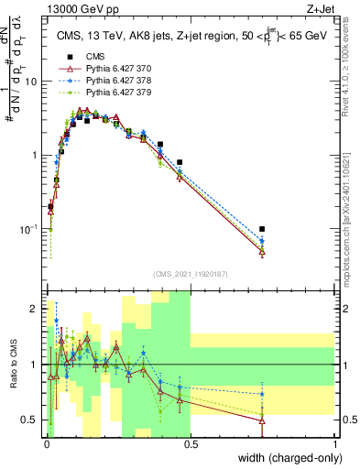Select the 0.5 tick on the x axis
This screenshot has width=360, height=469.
pos(191,444)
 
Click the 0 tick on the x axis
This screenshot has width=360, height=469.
pos(45,444)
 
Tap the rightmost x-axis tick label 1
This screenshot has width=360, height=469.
pos(335,444)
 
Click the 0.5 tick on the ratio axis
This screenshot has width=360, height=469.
pos(32,420)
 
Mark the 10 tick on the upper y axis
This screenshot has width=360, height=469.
pos(31,82)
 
